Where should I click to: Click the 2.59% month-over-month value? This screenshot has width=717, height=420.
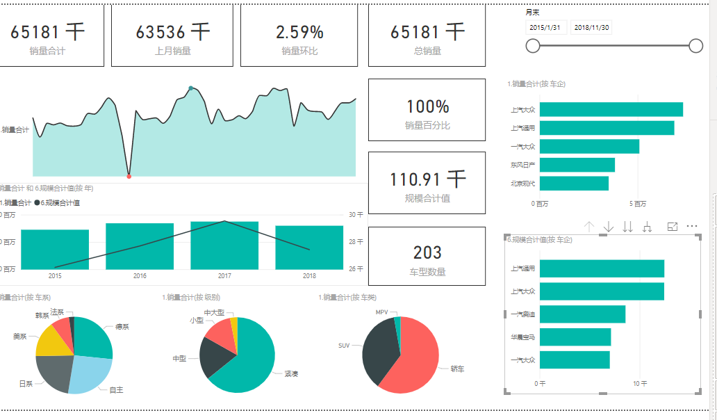[x=299, y=32]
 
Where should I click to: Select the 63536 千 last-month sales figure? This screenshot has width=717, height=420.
[x=172, y=32]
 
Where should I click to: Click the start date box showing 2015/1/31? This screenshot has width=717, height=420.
[x=545, y=27]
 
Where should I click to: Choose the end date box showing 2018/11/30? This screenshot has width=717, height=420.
[x=591, y=27]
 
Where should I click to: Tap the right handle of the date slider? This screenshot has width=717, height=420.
[x=695, y=46]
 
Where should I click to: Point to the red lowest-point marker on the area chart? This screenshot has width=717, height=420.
[x=129, y=176]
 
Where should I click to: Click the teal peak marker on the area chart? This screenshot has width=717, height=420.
[x=191, y=88]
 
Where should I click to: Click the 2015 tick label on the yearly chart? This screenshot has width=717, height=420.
[x=55, y=276]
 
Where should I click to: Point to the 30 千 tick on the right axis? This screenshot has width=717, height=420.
[x=355, y=215]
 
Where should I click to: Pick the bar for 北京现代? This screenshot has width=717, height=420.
[x=574, y=184]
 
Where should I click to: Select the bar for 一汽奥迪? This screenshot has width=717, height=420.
[x=582, y=314]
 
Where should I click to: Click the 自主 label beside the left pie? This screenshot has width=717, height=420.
[x=116, y=390]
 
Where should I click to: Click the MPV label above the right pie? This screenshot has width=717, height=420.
[x=381, y=313]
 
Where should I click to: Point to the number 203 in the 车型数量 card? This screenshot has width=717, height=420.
[x=427, y=252]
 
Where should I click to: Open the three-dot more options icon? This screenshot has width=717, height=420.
[x=691, y=227]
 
